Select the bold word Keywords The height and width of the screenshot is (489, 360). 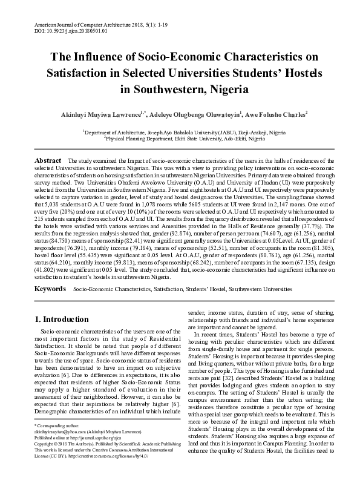coord(50,290)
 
